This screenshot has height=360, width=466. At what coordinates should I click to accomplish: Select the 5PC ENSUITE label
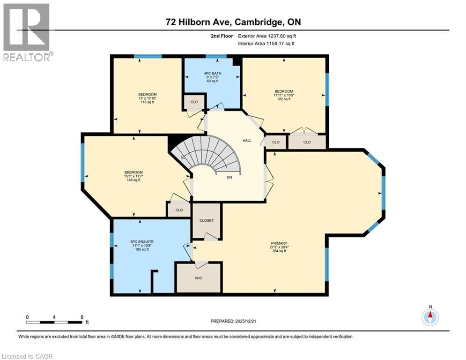[141, 241]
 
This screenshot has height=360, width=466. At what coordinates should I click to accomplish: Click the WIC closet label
[198, 277]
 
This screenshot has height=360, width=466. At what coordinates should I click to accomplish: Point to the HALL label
[247, 140]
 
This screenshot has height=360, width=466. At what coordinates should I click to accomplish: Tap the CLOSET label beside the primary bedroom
[206, 220]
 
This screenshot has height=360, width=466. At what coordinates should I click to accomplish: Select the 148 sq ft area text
[133, 180]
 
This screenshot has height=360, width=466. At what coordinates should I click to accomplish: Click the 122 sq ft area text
[284, 99]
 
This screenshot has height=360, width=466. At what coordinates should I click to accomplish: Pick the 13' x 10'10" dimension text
[147, 98]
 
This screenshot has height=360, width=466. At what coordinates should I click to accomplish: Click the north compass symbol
[429, 317]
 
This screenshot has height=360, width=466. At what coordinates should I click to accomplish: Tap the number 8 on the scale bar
[82, 317]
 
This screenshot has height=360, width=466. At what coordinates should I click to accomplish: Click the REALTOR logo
[27, 32]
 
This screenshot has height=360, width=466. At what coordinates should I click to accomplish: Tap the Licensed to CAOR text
[27, 356]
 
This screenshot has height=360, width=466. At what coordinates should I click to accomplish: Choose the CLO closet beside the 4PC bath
[193, 102]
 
